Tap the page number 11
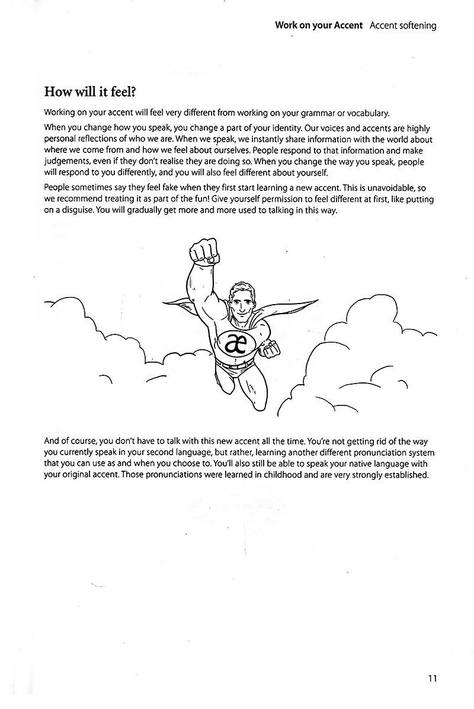click(x=432, y=679)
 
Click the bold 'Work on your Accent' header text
click(x=319, y=25)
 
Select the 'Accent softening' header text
click(x=402, y=25)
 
